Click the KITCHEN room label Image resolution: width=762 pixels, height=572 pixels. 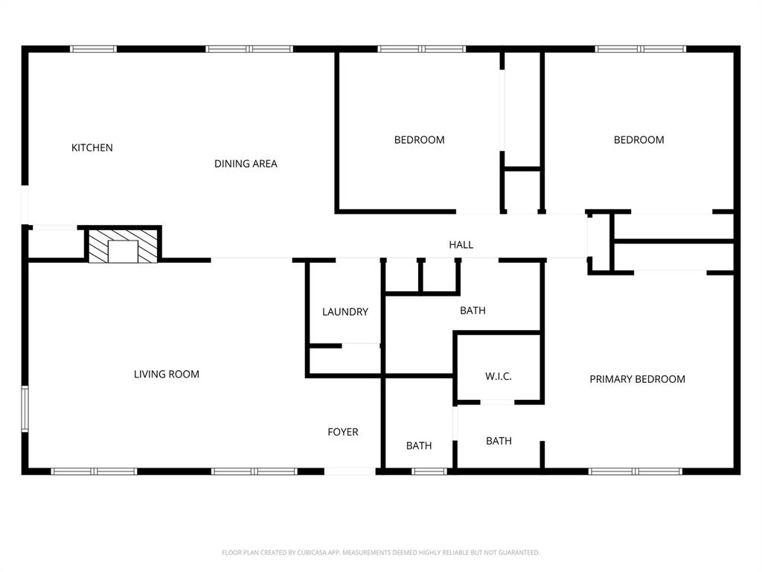point(92,147)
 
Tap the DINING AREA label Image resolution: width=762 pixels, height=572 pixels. point(246,164)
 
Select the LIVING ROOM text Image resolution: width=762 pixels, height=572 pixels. point(167,374)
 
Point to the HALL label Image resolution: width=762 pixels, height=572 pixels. point(461,244)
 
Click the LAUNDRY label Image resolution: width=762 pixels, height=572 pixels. point(345,312)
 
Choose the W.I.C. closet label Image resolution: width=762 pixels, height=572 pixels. point(498,376)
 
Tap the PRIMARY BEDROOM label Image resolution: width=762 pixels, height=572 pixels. point(637,379)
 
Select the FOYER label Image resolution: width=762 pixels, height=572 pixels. point(343,432)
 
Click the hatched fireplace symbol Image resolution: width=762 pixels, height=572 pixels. point(124,245)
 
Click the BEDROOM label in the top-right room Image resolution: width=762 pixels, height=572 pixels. point(638,140)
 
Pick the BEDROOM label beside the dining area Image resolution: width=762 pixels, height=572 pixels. point(419,140)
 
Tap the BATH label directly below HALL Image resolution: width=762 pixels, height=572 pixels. point(473,311)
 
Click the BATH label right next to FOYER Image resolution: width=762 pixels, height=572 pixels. point(419,445)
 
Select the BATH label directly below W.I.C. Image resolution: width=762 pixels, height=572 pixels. point(499,441)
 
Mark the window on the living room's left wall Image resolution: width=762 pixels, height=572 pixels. point(25,408)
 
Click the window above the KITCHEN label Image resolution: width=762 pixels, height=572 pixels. point(93,49)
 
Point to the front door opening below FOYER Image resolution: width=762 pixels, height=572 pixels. point(350,471)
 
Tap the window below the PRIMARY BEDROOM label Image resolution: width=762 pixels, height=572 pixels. point(635,471)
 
